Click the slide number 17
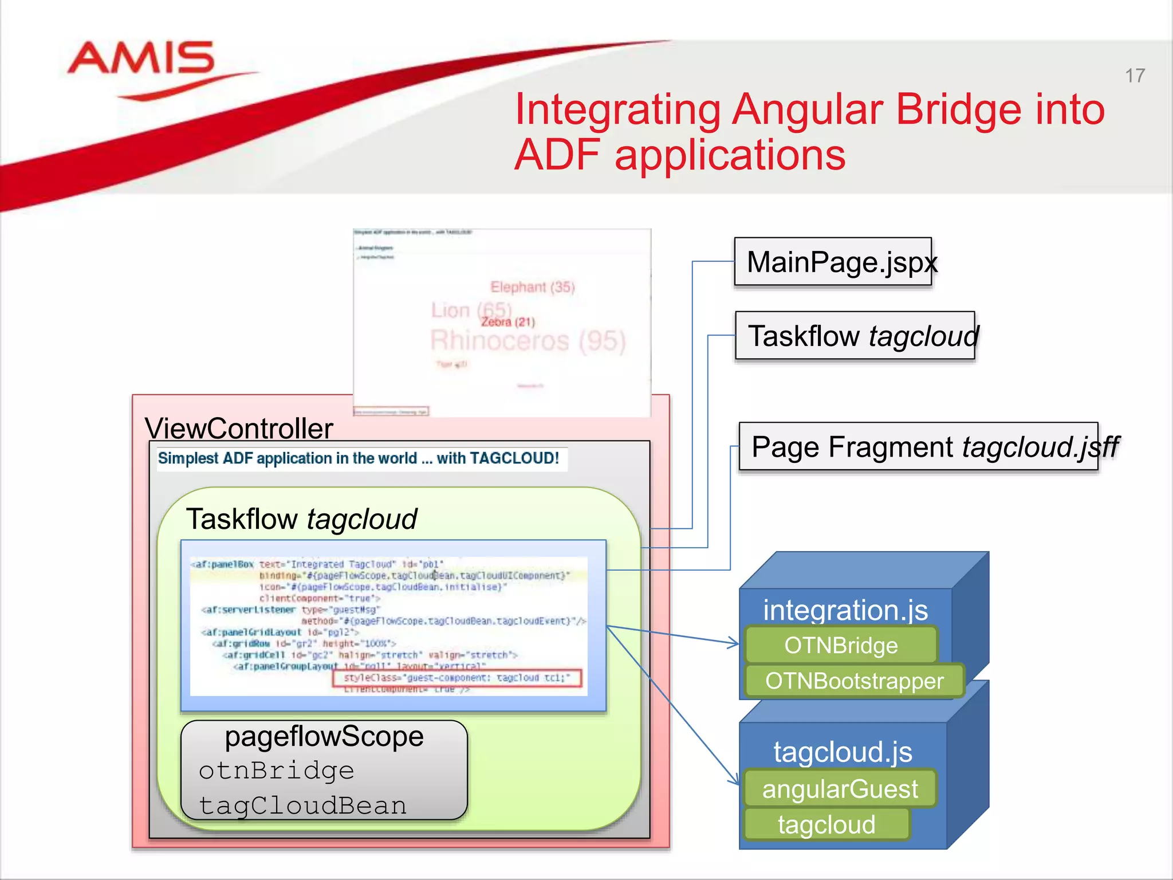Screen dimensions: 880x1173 [x=1135, y=76]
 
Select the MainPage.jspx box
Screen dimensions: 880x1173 [x=833, y=262]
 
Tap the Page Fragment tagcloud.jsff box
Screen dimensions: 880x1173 [x=918, y=447]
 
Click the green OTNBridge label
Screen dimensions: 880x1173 [x=841, y=646]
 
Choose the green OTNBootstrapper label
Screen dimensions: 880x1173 [x=854, y=681]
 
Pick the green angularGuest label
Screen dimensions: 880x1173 [x=840, y=789]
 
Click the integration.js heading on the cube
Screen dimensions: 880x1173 [x=845, y=610]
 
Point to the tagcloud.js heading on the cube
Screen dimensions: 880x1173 [x=843, y=752]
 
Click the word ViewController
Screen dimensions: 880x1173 [x=239, y=429]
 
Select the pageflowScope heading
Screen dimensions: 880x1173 [x=324, y=736]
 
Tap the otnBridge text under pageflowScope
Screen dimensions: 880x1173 [x=277, y=771]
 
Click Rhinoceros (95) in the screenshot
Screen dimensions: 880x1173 [x=528, y=341]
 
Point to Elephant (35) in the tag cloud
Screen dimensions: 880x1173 [x=532, y=287]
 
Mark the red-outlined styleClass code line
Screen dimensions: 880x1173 [x=457, y=678]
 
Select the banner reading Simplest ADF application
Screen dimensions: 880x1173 [x=359, y=458]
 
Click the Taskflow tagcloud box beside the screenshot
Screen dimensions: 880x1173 [x=855, y=336]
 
